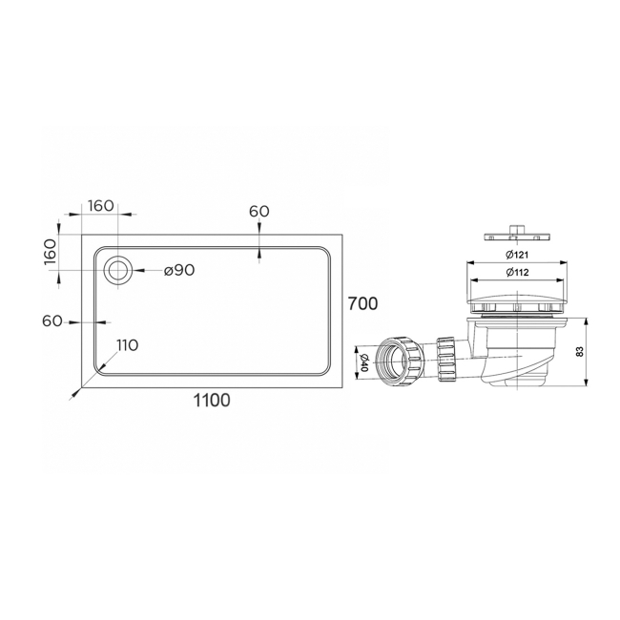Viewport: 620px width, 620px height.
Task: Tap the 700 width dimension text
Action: pyautogui.click(x=362, y=304)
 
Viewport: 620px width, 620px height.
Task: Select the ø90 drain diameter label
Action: pyautogui.click(x=178, y=270)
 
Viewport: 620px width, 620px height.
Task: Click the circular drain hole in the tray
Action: pyautogui.click(x=119, y=270)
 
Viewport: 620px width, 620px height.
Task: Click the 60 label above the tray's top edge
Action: pyautogui.click(x=259, y=211)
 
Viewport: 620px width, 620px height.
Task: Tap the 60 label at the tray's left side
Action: pyautogui.click(x=52, y=321)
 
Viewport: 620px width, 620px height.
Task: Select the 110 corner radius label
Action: pyautogui.click(x=127, y=344)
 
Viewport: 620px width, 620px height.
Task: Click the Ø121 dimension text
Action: pyautogui.click(x=518, y=254)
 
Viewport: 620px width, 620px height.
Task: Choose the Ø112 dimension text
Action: pyautogui.click(x=518, y=273)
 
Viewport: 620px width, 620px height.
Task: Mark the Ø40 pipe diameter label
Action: pyautogui.click(x=363, y=361)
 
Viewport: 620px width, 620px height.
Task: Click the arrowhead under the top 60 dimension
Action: pyautogui.click(x=259, y=253)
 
